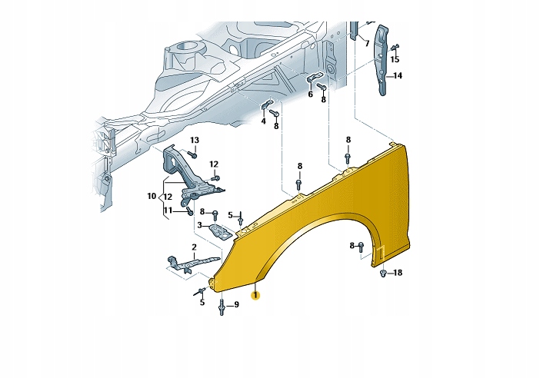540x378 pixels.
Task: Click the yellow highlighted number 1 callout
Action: point(255,296)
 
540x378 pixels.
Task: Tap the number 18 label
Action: point(398,273)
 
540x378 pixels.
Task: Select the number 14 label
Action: point(398,75)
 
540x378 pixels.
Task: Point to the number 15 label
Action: point(395,59)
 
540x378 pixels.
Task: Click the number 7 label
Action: point(367,43)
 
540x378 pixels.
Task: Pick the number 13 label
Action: point(195,141)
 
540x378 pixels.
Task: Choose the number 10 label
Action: point(152,196)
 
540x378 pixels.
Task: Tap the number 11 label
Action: point(168,211)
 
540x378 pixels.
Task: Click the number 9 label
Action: point(237,305)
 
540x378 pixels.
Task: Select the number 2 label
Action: point(194,247)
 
